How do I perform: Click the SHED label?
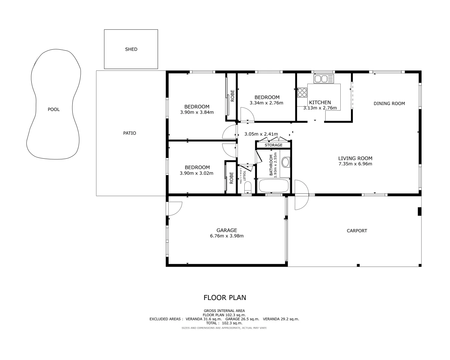point(131,49)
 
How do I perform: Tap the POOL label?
point(54,109)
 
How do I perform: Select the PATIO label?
point(130,133)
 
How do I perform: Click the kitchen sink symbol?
point(323,79)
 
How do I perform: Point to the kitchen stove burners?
point(302,92)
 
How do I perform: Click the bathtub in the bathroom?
point(274,186)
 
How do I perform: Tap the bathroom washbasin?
point(286,163)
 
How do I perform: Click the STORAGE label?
point(273,145)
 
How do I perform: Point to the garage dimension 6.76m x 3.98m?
point(227,236)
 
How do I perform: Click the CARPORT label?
point(357,231)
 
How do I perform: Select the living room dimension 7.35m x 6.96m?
point(355,164)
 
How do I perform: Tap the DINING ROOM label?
point(389,103)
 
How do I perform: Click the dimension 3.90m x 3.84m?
point(197,112)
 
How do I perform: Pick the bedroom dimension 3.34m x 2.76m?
point(266,103)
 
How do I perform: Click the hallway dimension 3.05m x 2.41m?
point(261,134)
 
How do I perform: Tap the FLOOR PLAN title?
point(225,298)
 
